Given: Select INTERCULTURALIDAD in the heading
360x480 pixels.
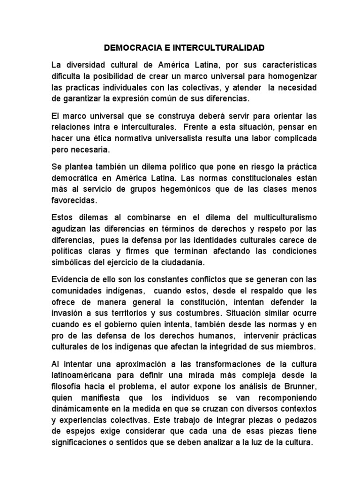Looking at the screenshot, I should pyautogui.click(x=216, y=48).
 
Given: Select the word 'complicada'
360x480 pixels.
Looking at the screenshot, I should pyautogui.click(x=287, y=138).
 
